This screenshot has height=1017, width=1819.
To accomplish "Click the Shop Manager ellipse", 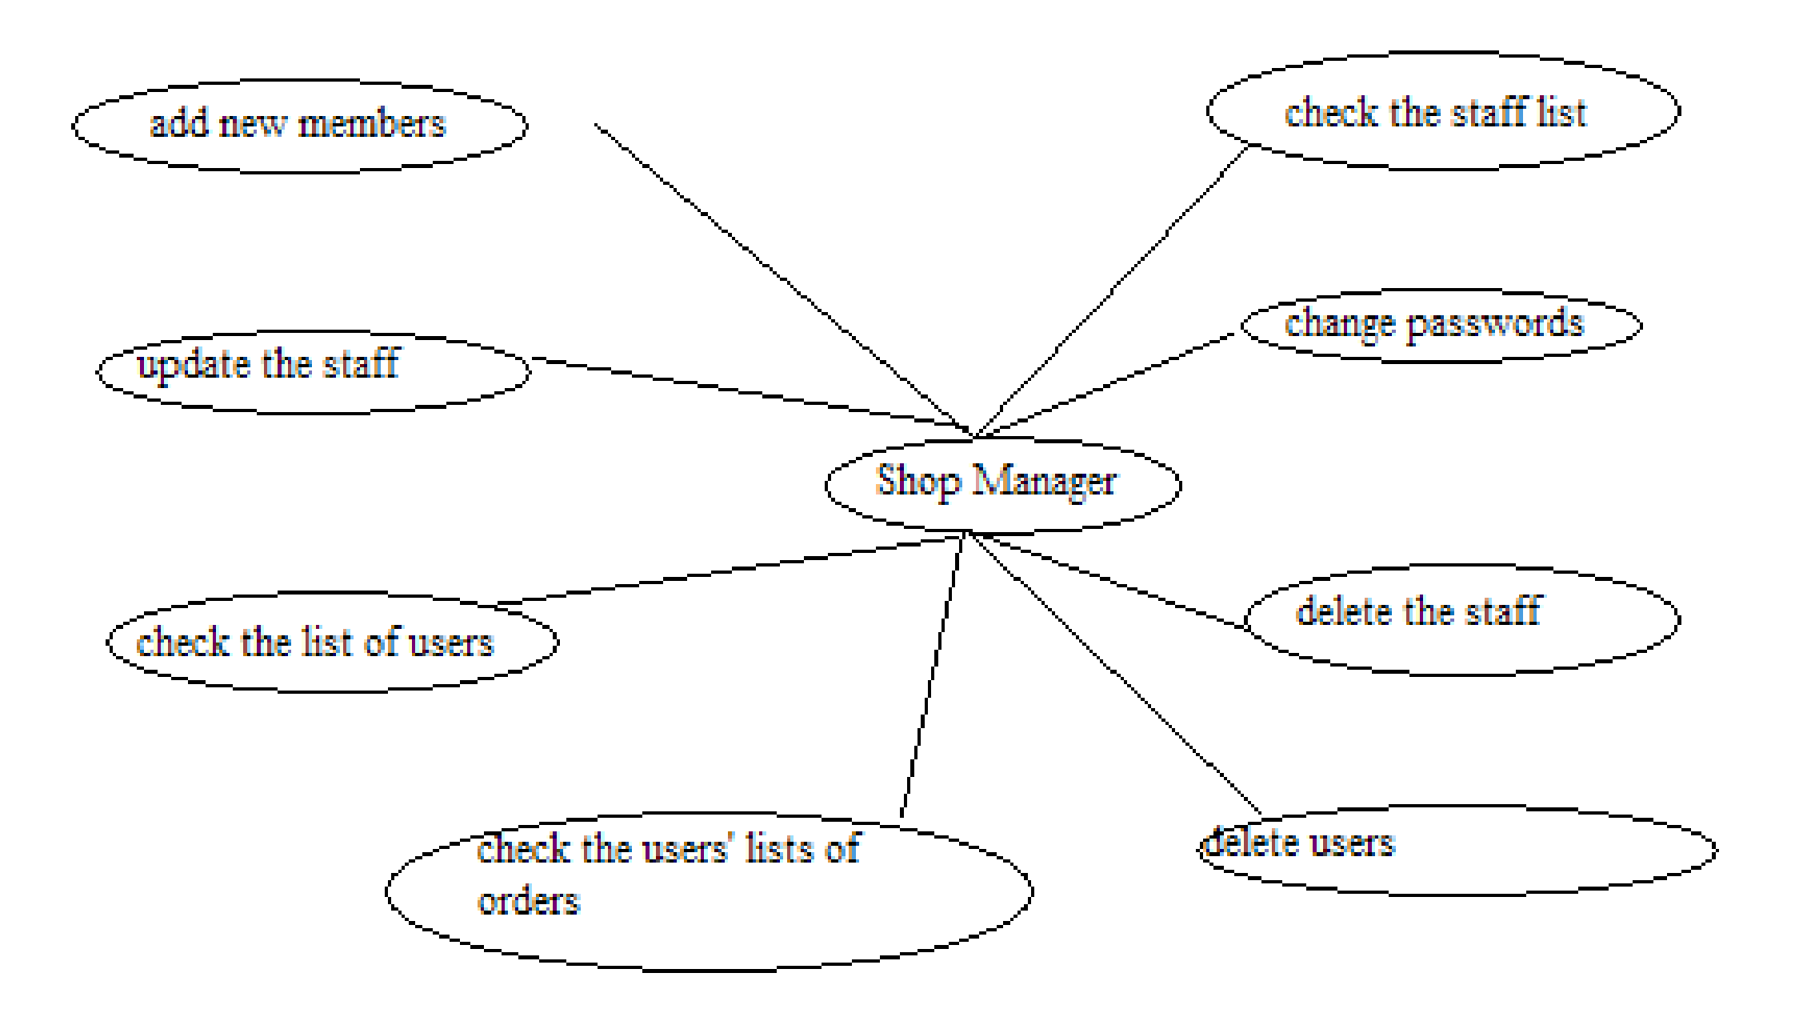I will coord(1002,484).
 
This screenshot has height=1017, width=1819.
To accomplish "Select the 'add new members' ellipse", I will coord(299,126).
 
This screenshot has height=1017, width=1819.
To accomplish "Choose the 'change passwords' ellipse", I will coord(1441,325).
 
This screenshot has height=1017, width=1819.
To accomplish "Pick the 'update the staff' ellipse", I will coord(313,372).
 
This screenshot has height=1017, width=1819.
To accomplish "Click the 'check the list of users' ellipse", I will coord(332,643).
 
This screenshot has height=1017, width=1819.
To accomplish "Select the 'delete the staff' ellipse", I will coord(1461,619).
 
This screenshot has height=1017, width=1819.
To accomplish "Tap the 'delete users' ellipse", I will coord(1456,850).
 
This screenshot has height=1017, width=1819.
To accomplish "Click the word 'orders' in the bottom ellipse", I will coord(528,902).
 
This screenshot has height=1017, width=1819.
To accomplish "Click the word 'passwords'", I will coord(1494,323).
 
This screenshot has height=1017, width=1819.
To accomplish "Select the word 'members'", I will coord(371,124).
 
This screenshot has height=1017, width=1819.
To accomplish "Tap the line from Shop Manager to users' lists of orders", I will coord(932,676).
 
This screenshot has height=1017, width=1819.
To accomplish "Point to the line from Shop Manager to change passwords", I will coord(1108,384).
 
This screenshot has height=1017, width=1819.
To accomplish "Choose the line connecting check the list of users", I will coord(728,570).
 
